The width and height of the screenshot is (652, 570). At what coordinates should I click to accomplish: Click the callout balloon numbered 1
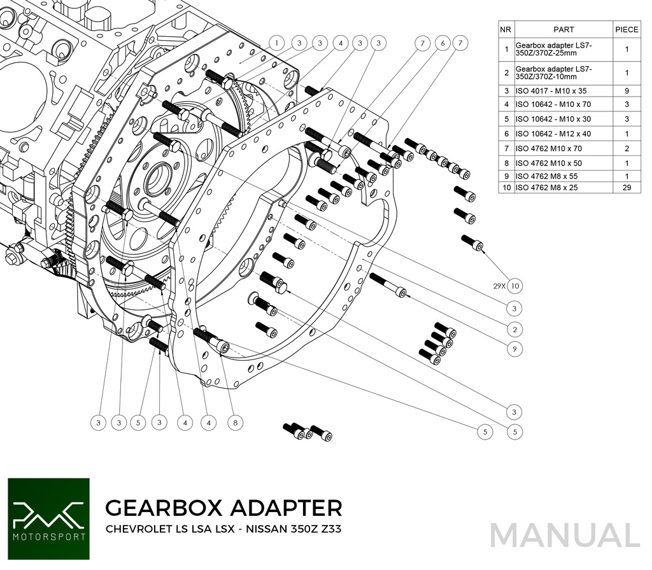(276, 43)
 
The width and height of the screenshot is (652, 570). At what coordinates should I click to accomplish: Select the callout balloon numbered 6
(443, 43)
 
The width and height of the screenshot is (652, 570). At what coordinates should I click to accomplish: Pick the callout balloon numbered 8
(235, 422)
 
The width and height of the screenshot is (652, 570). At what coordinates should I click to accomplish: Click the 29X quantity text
(499, 286)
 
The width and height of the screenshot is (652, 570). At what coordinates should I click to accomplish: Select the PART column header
(563, 29)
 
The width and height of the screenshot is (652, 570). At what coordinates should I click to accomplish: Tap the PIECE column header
(627, 29)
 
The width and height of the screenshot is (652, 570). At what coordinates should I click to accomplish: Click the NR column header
(506, 29)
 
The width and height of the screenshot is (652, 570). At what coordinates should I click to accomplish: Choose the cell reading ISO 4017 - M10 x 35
(551, 91)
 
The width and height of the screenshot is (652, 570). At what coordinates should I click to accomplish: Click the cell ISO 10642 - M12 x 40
(553, 134)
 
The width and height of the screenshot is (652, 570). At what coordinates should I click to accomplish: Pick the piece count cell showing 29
(627, 188)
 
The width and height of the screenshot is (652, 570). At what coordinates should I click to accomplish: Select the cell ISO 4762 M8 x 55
(546, 176)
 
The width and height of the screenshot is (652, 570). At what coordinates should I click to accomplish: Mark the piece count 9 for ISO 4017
(627, 91)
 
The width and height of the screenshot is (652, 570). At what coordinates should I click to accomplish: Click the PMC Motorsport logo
(48, 518)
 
